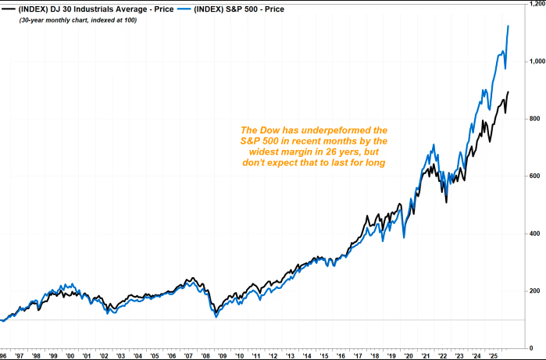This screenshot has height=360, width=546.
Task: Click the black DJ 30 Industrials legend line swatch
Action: tap(8, 9)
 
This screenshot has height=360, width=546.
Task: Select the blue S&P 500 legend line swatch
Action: tap(184, 9)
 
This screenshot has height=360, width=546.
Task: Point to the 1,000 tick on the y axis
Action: tap(537, 61)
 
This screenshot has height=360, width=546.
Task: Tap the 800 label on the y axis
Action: tap(534, 119)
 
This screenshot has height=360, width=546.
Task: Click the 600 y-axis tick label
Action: tap(534, 176)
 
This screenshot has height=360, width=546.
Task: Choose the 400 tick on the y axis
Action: tap(534, 233)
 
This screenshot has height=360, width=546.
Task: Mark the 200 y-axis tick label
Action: tap(534, 291)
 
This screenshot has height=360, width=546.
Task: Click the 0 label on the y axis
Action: tap(531, 348)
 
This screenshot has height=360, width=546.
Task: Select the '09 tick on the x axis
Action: tap(223, 356)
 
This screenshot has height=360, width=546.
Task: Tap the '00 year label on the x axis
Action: tap(70, 356)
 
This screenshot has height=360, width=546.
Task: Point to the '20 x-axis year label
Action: tap(409, 356)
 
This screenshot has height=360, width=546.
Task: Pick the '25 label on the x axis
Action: tap(494, 356)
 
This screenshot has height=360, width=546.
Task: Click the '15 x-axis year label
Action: tap(324, 356)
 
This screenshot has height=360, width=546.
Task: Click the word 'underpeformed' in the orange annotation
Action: tap(335, 130)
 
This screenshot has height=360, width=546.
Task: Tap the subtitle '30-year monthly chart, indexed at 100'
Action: tap(78, 20)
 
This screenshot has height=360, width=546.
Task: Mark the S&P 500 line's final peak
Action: tap(509, 26)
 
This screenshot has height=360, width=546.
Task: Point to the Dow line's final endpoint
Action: tap(509, 92)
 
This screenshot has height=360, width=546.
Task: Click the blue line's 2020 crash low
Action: tap(404, 238)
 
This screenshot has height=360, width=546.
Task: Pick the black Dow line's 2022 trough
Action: tap(447, 202)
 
